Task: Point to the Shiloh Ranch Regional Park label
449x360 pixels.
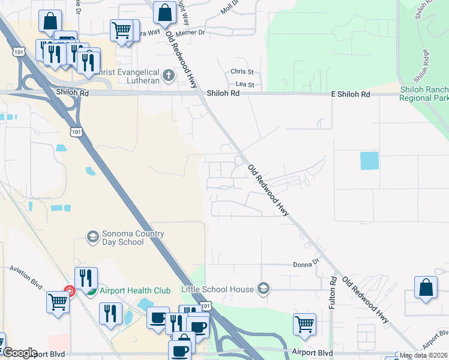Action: pyautogui.click(x=424, y=94)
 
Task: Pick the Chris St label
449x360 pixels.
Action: pyautogui.click(x=243, y=71)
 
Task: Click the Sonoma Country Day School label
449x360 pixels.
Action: pyautogui.click(x=123, y=238)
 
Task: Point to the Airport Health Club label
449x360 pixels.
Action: pyautogui.click(x=136, y=291)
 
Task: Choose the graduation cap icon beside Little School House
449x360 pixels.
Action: pyautogui.click(x=263, y=289)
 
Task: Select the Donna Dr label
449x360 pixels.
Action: pyautogui.click(x=305, y=264)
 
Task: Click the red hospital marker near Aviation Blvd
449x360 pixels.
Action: pyautogui.click(x=69, y=291)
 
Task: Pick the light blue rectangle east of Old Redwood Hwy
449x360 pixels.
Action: pyautogui.click(x=369, y=161)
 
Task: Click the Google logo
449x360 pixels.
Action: pyautogui.click(x=20, y=353)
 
